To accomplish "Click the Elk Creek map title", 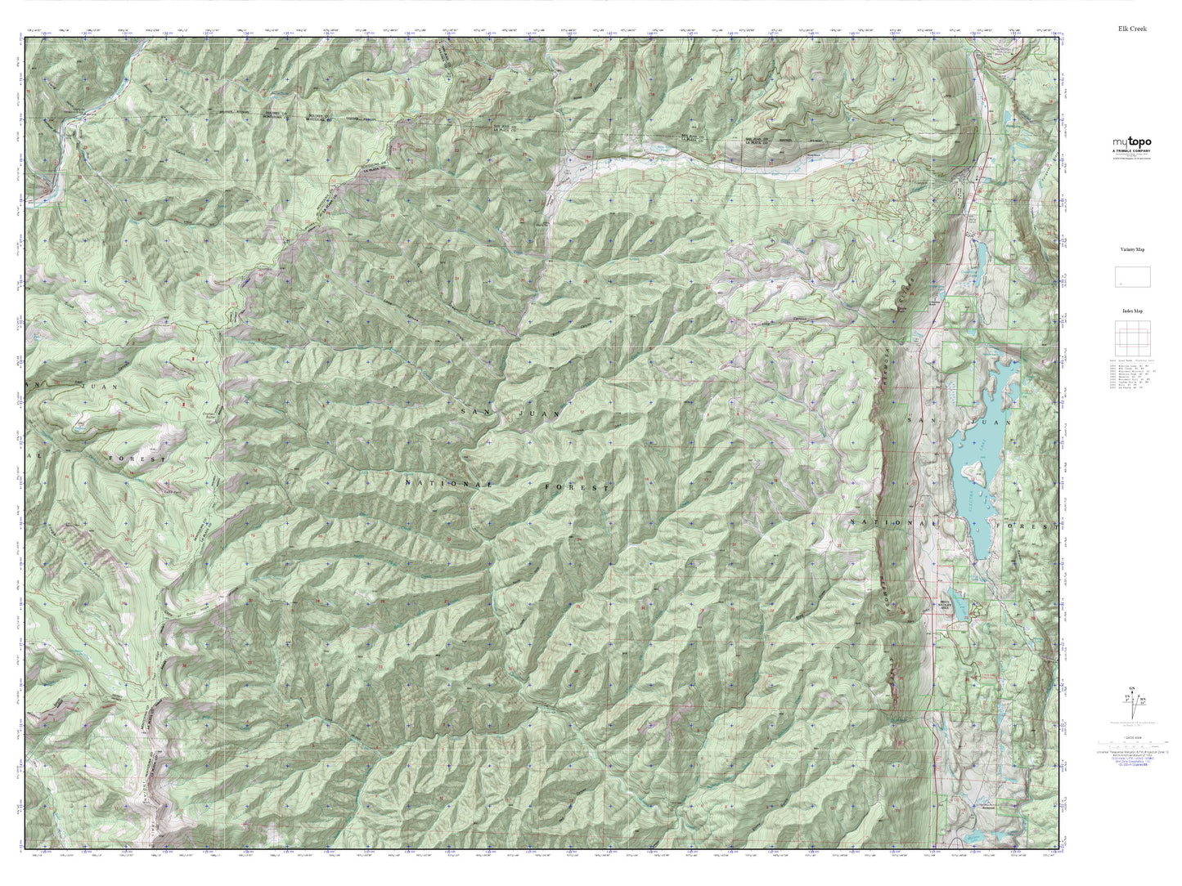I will click(1133, 29).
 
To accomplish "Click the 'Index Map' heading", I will click(1132, 311).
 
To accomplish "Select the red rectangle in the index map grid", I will click(1132, 338).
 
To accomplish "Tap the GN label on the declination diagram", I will click(1132, 688).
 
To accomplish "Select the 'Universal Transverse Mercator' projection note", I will click(1132, 749).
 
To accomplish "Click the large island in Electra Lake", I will click(973, 472).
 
